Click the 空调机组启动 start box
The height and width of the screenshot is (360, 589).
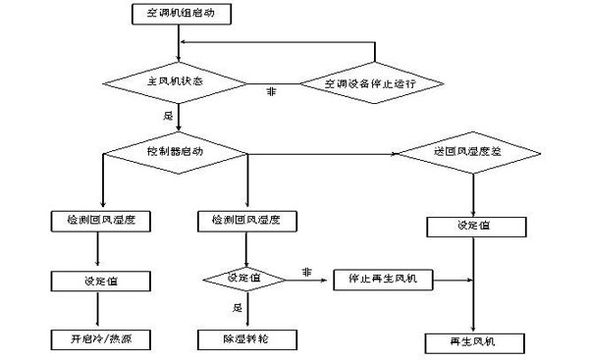pos(178,14)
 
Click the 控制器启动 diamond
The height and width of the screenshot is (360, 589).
pos(178,153)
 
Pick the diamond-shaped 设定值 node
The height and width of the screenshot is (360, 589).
pos(243,280)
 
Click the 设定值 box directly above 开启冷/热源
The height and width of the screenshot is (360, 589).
pos(100,281)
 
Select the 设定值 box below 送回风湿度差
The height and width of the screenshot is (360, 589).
pos(476,225)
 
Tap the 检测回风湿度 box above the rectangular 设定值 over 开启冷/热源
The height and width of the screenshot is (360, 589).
pos(100,221)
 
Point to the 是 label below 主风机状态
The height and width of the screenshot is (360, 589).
pos(167,116)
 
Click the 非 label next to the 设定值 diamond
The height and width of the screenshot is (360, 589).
pos(306,271)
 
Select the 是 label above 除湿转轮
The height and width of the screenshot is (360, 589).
pos(236,307)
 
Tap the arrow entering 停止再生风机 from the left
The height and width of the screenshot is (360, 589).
pos(309,280)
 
